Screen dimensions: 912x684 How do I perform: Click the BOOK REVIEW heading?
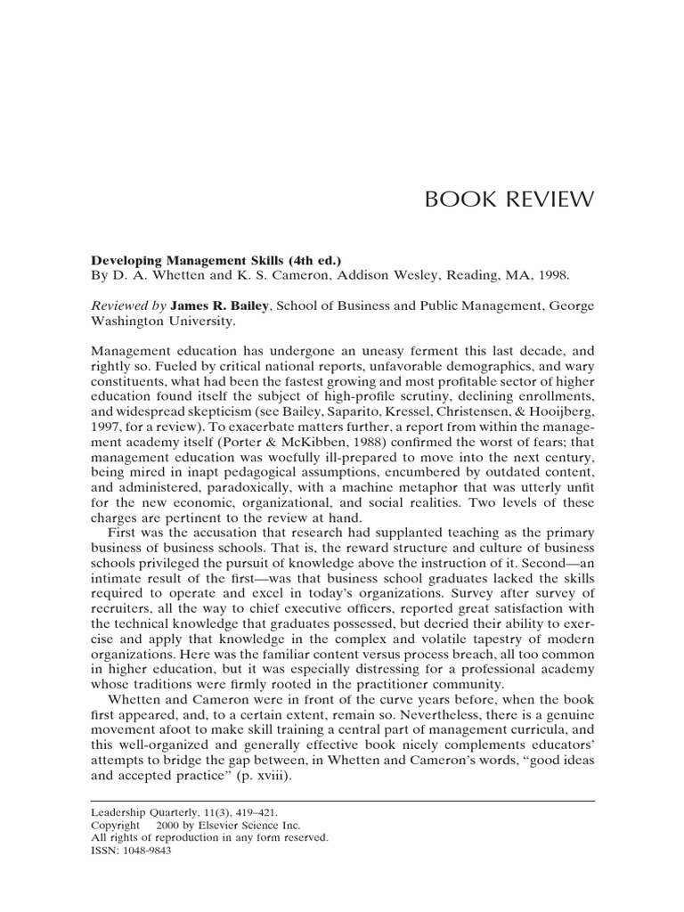pyautogui.click(x=509, y=199)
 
